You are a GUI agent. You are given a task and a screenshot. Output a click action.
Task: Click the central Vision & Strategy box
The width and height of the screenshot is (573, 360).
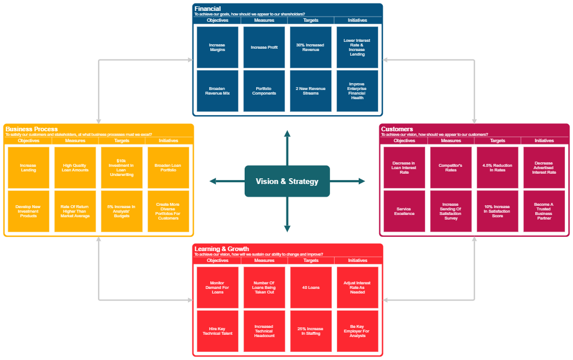[286, 181]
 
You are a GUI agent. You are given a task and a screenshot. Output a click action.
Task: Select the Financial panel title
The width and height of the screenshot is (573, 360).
[207, 9]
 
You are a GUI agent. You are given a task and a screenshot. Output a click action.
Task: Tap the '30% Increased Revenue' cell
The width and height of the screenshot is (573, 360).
[311, 48]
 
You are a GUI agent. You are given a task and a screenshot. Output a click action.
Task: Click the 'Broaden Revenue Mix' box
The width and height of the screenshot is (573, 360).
[217, 91]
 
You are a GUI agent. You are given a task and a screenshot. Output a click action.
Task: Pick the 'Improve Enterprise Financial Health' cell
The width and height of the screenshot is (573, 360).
[357, 91]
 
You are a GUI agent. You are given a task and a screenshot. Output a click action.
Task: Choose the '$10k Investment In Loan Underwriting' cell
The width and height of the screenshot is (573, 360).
[121, 167]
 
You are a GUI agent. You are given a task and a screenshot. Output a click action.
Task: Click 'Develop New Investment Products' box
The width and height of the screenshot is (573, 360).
[28, 211]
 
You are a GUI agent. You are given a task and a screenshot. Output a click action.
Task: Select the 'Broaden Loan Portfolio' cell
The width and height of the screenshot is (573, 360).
[168, 167]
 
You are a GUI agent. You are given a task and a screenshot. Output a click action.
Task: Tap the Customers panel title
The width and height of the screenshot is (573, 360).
[397, 129]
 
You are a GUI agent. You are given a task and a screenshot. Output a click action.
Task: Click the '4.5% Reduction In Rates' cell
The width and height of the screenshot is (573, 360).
[497, 167]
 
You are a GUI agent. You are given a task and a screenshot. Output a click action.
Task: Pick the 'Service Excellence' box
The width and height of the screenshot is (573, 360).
[404, 211]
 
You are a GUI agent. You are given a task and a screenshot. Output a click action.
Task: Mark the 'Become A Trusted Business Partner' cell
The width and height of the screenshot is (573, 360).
[544, 211]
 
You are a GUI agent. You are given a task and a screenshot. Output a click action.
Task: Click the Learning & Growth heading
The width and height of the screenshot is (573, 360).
[222, 249]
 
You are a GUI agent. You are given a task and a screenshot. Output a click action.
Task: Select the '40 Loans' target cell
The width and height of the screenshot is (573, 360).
[311, 287]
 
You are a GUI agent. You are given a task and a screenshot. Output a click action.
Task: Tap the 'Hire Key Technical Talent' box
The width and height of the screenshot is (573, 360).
[217, 331]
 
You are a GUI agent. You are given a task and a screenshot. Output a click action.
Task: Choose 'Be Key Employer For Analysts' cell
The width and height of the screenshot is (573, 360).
[357, 331]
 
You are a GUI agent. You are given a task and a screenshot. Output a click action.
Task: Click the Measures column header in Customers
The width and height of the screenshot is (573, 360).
[451, 140]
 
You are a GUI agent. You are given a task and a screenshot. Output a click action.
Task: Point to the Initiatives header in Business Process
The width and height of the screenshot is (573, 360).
[168, 140]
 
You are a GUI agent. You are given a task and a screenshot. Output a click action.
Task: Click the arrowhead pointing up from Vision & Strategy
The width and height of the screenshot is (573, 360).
[287, 134]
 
